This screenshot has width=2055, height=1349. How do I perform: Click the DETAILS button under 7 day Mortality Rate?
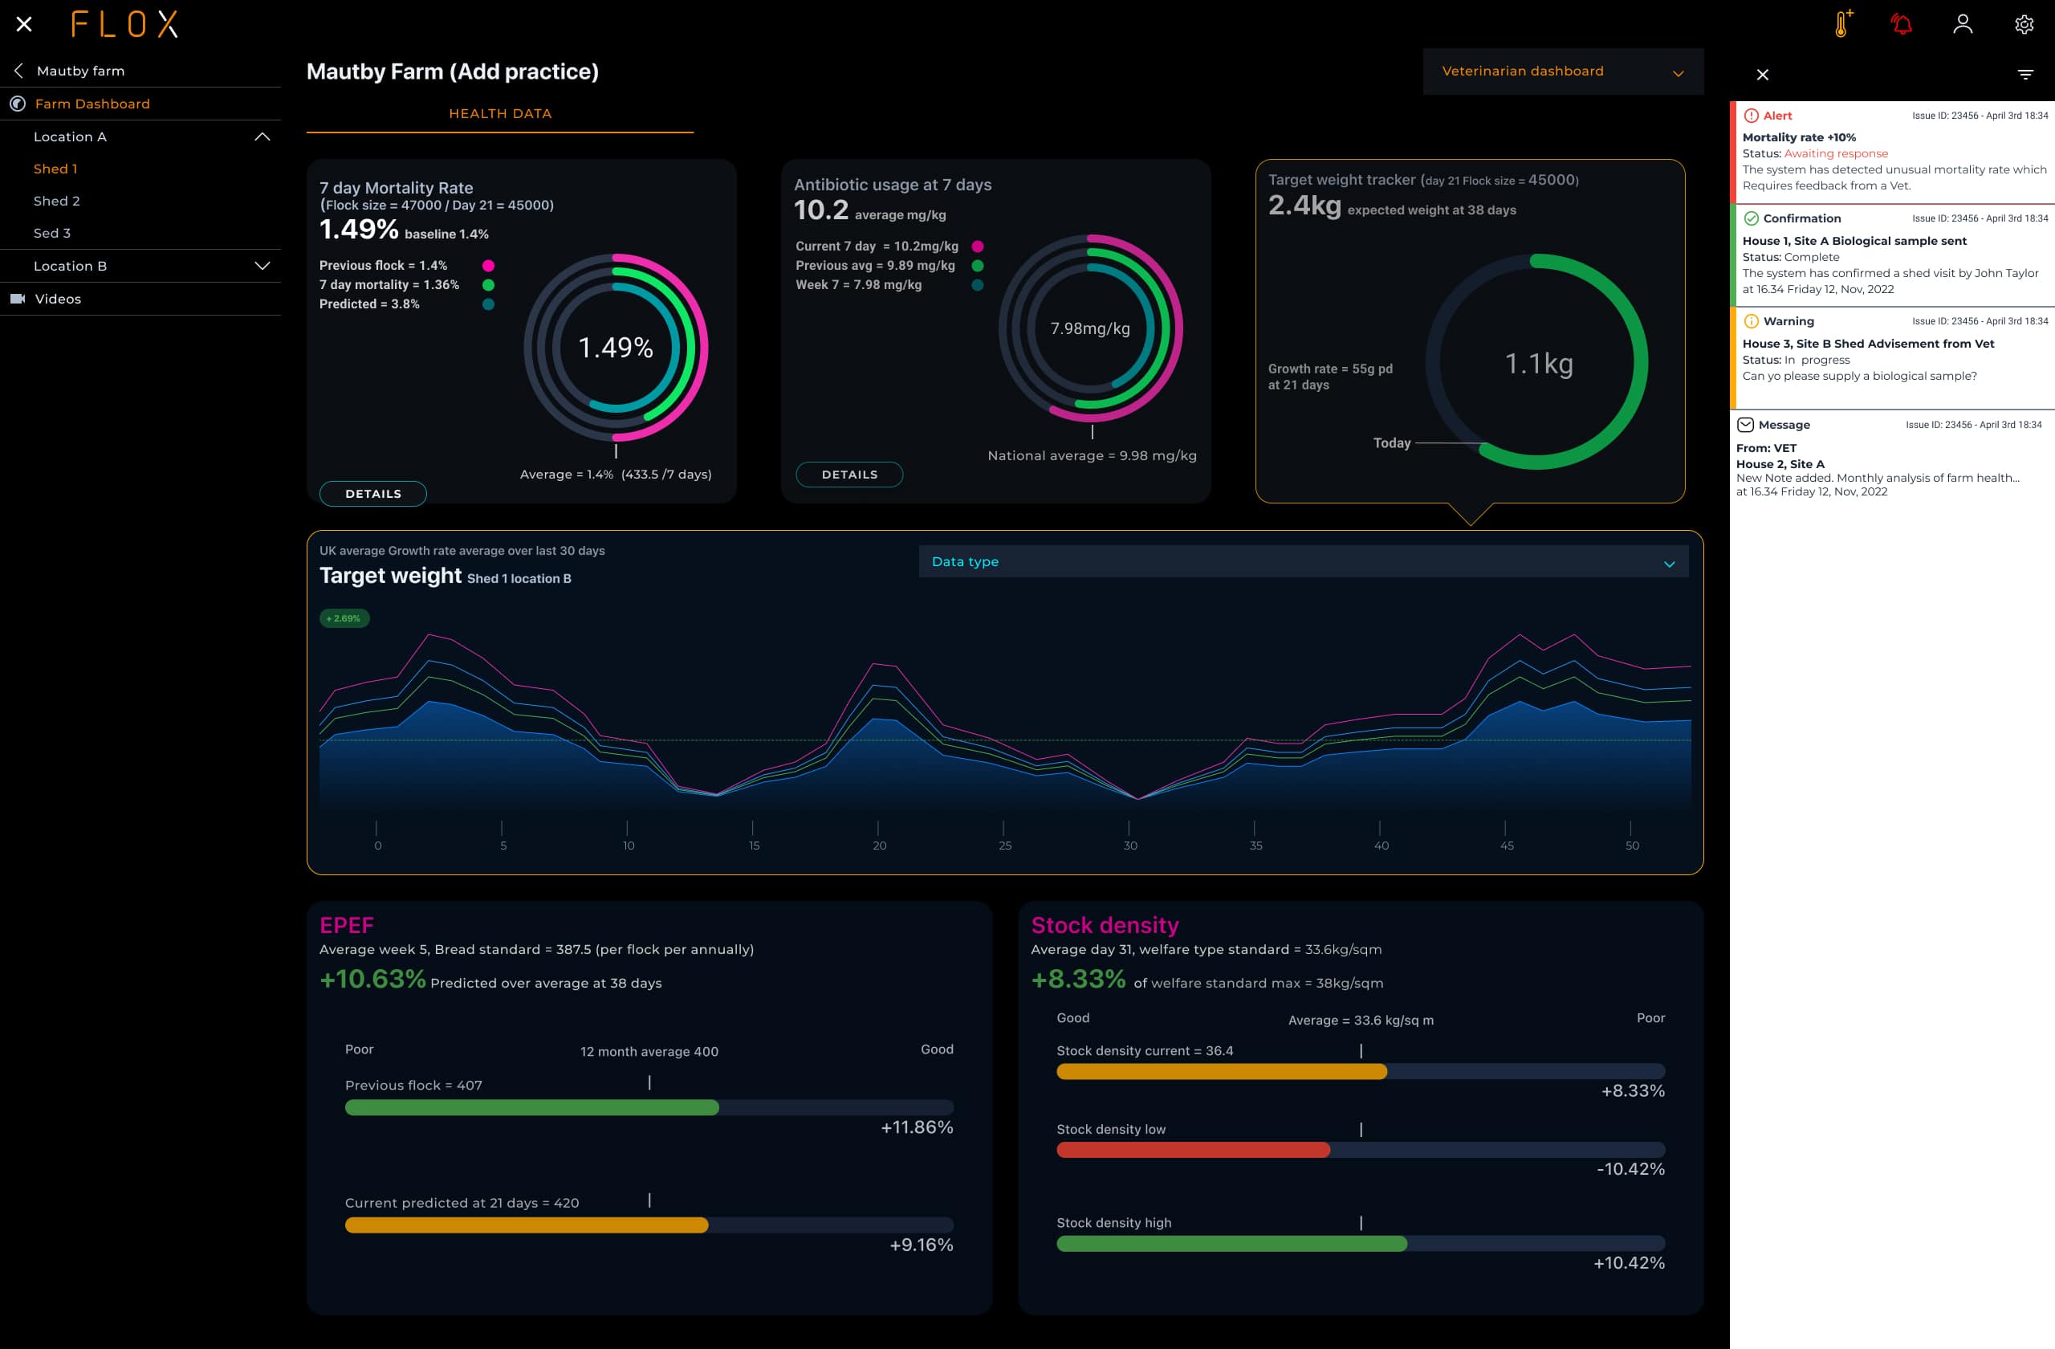pyautogui.click(x=372, y=493)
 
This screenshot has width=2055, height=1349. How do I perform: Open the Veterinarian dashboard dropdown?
pyautogui.click(x=1562, y=71)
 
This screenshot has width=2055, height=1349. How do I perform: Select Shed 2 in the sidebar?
pyautogui.click(x=57, y=202)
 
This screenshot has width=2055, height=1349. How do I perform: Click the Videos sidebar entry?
pyautogui.click(x=58, y=299)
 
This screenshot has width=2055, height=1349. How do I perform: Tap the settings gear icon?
pyautogui.click(x=2023, y=24)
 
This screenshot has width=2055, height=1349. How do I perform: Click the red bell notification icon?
pyautogui.click(x=1902, y=24)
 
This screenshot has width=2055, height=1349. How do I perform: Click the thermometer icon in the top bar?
pyautogui.click(x=1841, y=24)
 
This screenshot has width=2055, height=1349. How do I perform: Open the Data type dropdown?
pyautogui.click(x=1302, y=561)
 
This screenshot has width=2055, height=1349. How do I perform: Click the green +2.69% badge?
pyautogui.click(x=344, y=618)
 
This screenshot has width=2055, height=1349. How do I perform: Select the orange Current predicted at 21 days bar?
pyautogui.click(x=526, y=1225)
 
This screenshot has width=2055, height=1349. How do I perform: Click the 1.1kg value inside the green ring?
pyautogui.click(x=1539, y=364)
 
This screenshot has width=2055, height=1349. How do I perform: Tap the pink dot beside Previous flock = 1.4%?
pyautogui.click(x=488, y=266)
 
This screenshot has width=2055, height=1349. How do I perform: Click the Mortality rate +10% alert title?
pyautogui.click(x=1799, y=137)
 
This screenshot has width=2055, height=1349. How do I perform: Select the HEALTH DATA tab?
pyautogui.click(x=500, y=114)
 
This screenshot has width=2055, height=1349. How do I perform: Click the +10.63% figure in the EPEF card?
pyautogui.click(x=372, y=980)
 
